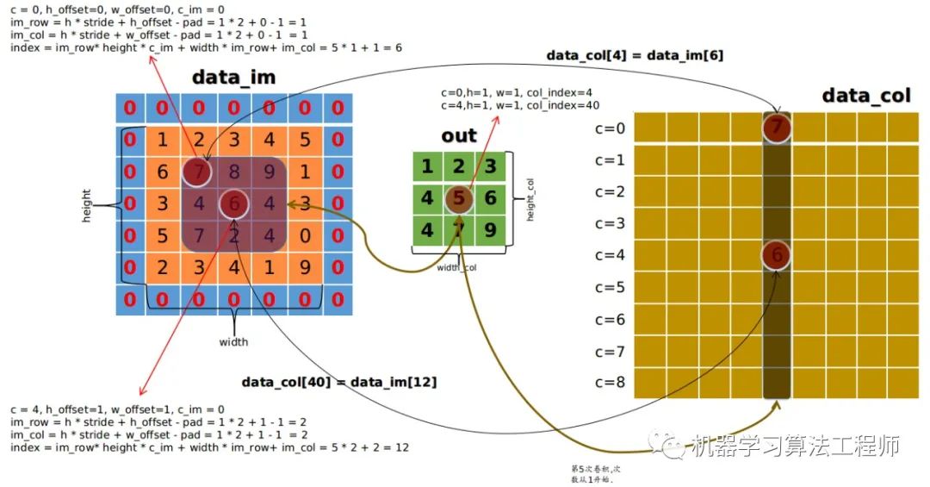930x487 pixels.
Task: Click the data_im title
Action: point(233,77)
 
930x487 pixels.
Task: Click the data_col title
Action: point(865,95)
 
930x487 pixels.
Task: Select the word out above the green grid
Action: point(459,135)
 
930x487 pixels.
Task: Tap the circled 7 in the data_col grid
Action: point(777,128)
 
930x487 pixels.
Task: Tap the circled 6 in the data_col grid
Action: point(777,255)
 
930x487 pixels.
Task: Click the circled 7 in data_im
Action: point(197,172)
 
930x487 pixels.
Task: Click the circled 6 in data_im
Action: point(233,204)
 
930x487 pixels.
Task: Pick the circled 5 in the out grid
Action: point(460,198)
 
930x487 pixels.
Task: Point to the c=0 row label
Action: point(610,128)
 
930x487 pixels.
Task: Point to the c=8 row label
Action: point(610,383)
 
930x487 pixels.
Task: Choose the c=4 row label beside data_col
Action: point(610,255)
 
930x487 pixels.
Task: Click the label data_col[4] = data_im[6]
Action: point(635,55)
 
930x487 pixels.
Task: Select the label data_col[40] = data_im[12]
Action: point(338,382)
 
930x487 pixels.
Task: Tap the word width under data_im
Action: point(233,342)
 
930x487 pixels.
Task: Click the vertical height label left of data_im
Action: point(86,206)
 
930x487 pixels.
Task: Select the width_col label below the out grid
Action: point(457,268)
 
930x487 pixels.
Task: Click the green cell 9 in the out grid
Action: point(491,230)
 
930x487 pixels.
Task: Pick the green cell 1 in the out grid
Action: point(428,166)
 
